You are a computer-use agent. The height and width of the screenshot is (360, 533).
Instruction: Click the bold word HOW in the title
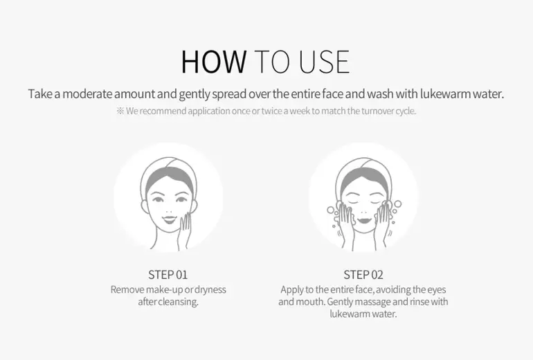tap(214, 62)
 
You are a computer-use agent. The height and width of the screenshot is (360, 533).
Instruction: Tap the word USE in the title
tap(324, 62)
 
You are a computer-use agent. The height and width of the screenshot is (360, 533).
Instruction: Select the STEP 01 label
tap(168, 275)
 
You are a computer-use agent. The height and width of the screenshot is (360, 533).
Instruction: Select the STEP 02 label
tap(363, 275)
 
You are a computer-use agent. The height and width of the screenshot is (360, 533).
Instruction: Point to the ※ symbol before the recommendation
tap(120, 111)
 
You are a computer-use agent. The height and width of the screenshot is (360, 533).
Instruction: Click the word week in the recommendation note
tap(299, 111)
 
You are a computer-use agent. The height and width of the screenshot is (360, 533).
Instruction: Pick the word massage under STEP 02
tap(372, 302)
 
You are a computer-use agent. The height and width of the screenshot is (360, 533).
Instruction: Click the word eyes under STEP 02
tap(437, 289)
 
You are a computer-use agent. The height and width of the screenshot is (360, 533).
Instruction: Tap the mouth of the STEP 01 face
tap(170, 219)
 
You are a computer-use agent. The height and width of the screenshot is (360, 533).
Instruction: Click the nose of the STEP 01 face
tap(169, 208)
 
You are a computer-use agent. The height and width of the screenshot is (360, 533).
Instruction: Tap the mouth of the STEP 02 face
tap(363, 219)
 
